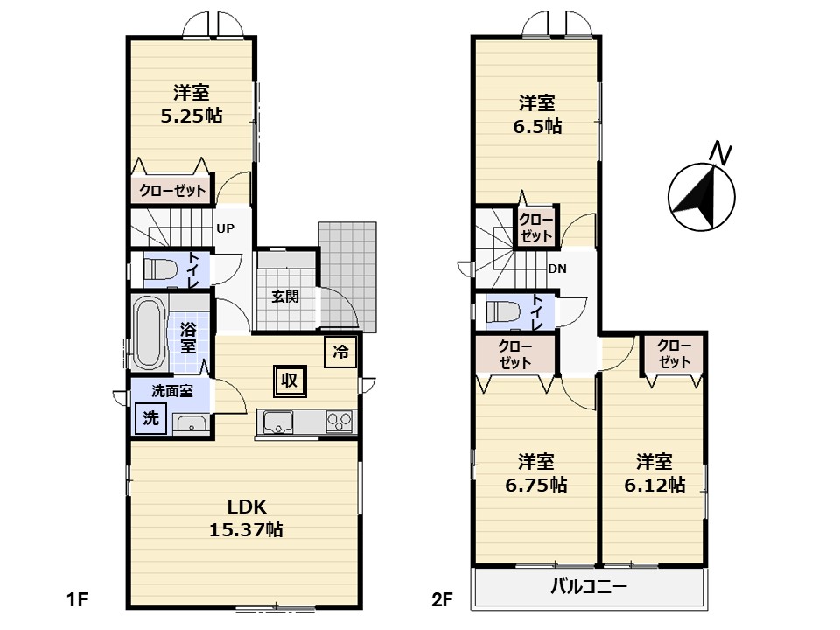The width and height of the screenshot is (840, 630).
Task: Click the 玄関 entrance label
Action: click(x=285, y=297)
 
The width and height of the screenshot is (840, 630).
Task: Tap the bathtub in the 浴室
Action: click(x=150, y=332)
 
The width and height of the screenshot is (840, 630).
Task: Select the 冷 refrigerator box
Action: click(x=340, y=352)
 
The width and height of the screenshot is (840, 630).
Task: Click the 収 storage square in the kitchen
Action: click(x=290, y=381)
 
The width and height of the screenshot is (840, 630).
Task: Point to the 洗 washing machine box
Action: click(x=150, y=418)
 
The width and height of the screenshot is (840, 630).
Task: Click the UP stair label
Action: click(x=225, y=228)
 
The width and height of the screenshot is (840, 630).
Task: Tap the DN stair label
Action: click(x=557, y=269)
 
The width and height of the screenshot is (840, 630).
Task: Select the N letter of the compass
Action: click(x=720, y=153)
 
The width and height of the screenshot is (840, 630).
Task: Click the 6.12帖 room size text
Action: click(x=654, y=485)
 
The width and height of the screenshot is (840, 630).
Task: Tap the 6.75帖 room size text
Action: click(x=536, y=485)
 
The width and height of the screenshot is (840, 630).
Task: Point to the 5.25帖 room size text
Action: click(x=192, y=115)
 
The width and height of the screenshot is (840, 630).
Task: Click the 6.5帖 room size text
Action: click(x=537, y=126)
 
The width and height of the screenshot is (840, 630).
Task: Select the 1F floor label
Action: click(x=77, y=599)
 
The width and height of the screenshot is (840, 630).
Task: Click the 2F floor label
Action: click(x=443, y=599)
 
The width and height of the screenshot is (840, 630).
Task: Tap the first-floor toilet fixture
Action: click(x=161, y=269)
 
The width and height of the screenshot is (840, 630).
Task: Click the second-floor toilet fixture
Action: click(x=504, y=312)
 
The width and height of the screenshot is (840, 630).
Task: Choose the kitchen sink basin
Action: click(x=276, y=422)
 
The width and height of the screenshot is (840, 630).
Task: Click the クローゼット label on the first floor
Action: click(x=172, y=191)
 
